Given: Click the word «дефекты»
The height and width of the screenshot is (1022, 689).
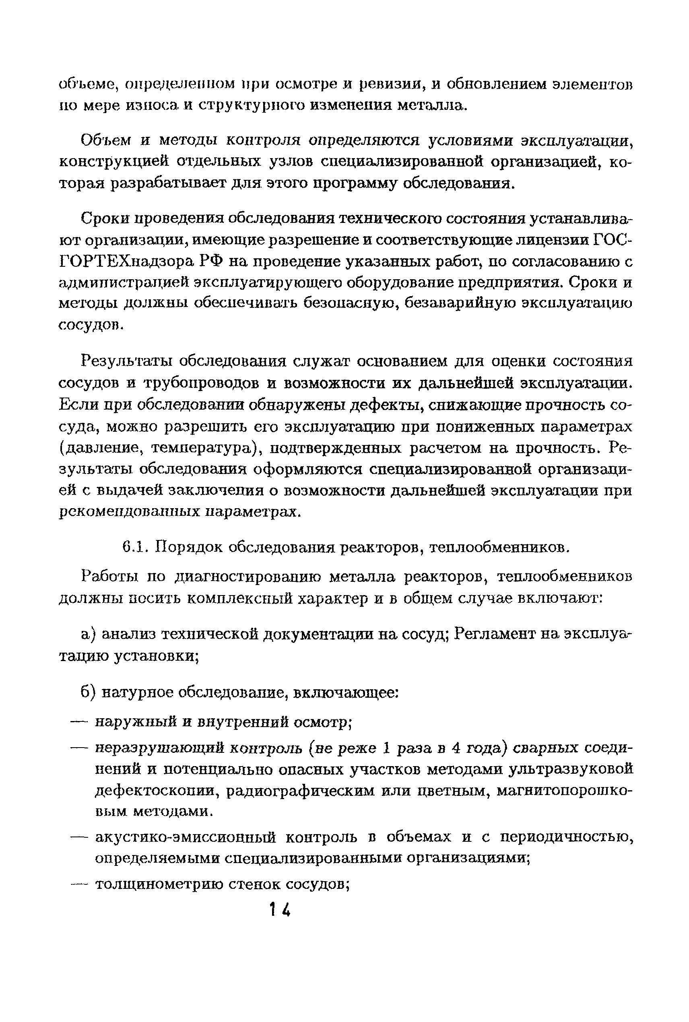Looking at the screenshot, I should tap(386, 405).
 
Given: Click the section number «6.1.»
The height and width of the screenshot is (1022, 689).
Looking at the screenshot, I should tap(133, 548).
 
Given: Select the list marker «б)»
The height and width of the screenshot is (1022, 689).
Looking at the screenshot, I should tap(88, 692).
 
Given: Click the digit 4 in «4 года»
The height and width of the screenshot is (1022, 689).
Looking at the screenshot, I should tap(444, 748).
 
